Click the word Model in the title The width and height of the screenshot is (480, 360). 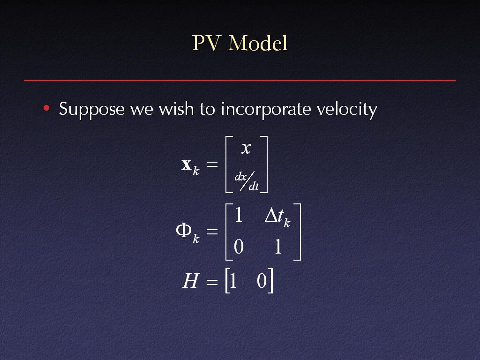pyautogui.click(x=258, y=43)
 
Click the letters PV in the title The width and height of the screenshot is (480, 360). pyautogui.click(x=206, y=43)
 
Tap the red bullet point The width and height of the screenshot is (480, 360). pyautogui.click(x=46, y=108)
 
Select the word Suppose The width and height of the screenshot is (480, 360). pyautogui.click(x=91, y=110)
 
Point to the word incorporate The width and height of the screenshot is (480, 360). pyautogui.click(x=266, y=110)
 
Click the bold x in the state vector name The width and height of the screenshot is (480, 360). pyautogui.click(x=187, y=165)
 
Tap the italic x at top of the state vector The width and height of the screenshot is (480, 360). pyautogui.click(x=246, y=148)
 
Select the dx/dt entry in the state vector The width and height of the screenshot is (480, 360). pyautogui.click(x=247, y=181)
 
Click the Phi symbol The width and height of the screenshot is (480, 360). pyautogui.click(x=184, y=230)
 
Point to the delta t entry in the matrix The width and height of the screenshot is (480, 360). pyautogui.click(x=277, y=217)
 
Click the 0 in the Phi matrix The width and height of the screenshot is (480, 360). pyautogui.click(x=239, y=247)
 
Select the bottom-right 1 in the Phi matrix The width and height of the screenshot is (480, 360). pyautogui.click(x=278, y=247)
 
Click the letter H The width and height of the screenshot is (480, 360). pyautogui.click(x=190, y=281)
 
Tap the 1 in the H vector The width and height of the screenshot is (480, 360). pyautogui.click(x=233, y=281)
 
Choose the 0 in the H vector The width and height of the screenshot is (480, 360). pyautogui.click(x=262, y=281)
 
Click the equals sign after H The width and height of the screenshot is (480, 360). pyautogui.click(x=212, y=282)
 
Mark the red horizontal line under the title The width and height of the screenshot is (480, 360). pyautogui.click(x=240, y=80)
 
